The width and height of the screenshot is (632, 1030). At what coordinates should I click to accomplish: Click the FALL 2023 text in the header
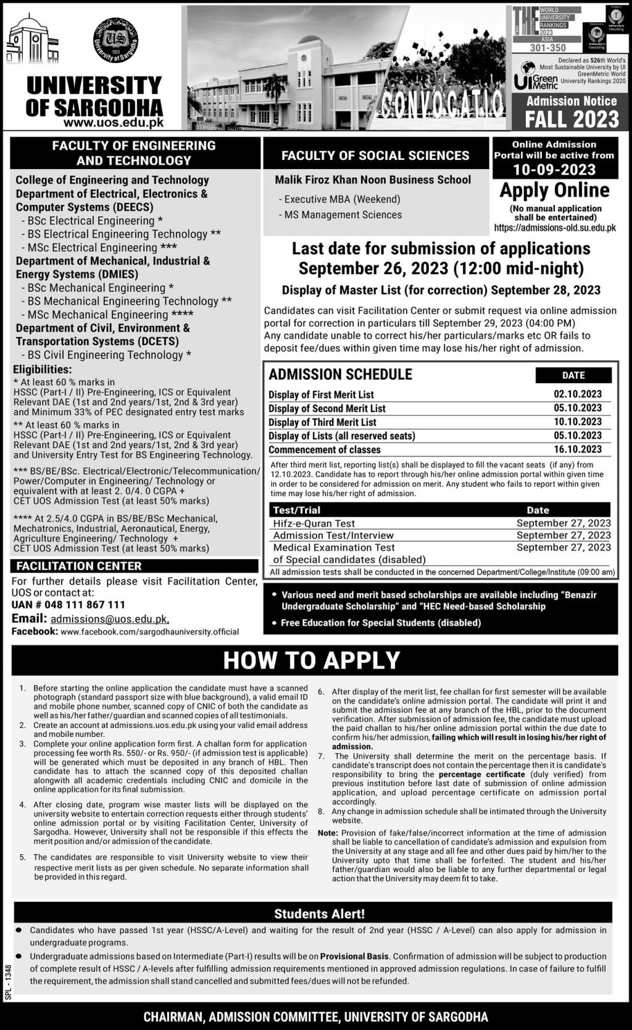click(572, 118)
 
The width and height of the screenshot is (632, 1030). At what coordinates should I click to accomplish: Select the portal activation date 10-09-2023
click(554, 170)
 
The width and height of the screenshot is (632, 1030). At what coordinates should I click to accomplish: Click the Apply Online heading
click(554, 190)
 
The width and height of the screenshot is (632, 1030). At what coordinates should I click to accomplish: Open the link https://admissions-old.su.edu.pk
click(555, 228)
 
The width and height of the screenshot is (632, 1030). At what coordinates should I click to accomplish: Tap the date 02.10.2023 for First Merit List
click(578, 394)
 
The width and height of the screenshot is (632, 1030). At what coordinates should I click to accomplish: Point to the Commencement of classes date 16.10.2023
click(578, 450)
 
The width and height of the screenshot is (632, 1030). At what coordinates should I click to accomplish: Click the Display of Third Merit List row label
click(322, 422)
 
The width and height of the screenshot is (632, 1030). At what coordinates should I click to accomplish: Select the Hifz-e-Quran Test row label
click(314, 523)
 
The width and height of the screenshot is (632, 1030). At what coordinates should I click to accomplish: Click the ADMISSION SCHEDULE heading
click(340, 375)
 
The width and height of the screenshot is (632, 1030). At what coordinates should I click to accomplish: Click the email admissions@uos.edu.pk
click(109, 619)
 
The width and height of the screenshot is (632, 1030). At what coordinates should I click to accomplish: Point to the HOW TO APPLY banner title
click(312, 660)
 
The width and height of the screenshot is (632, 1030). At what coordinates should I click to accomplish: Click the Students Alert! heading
click(319, 914)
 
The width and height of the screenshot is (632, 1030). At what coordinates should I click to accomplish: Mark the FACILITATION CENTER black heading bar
click(134, 566)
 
